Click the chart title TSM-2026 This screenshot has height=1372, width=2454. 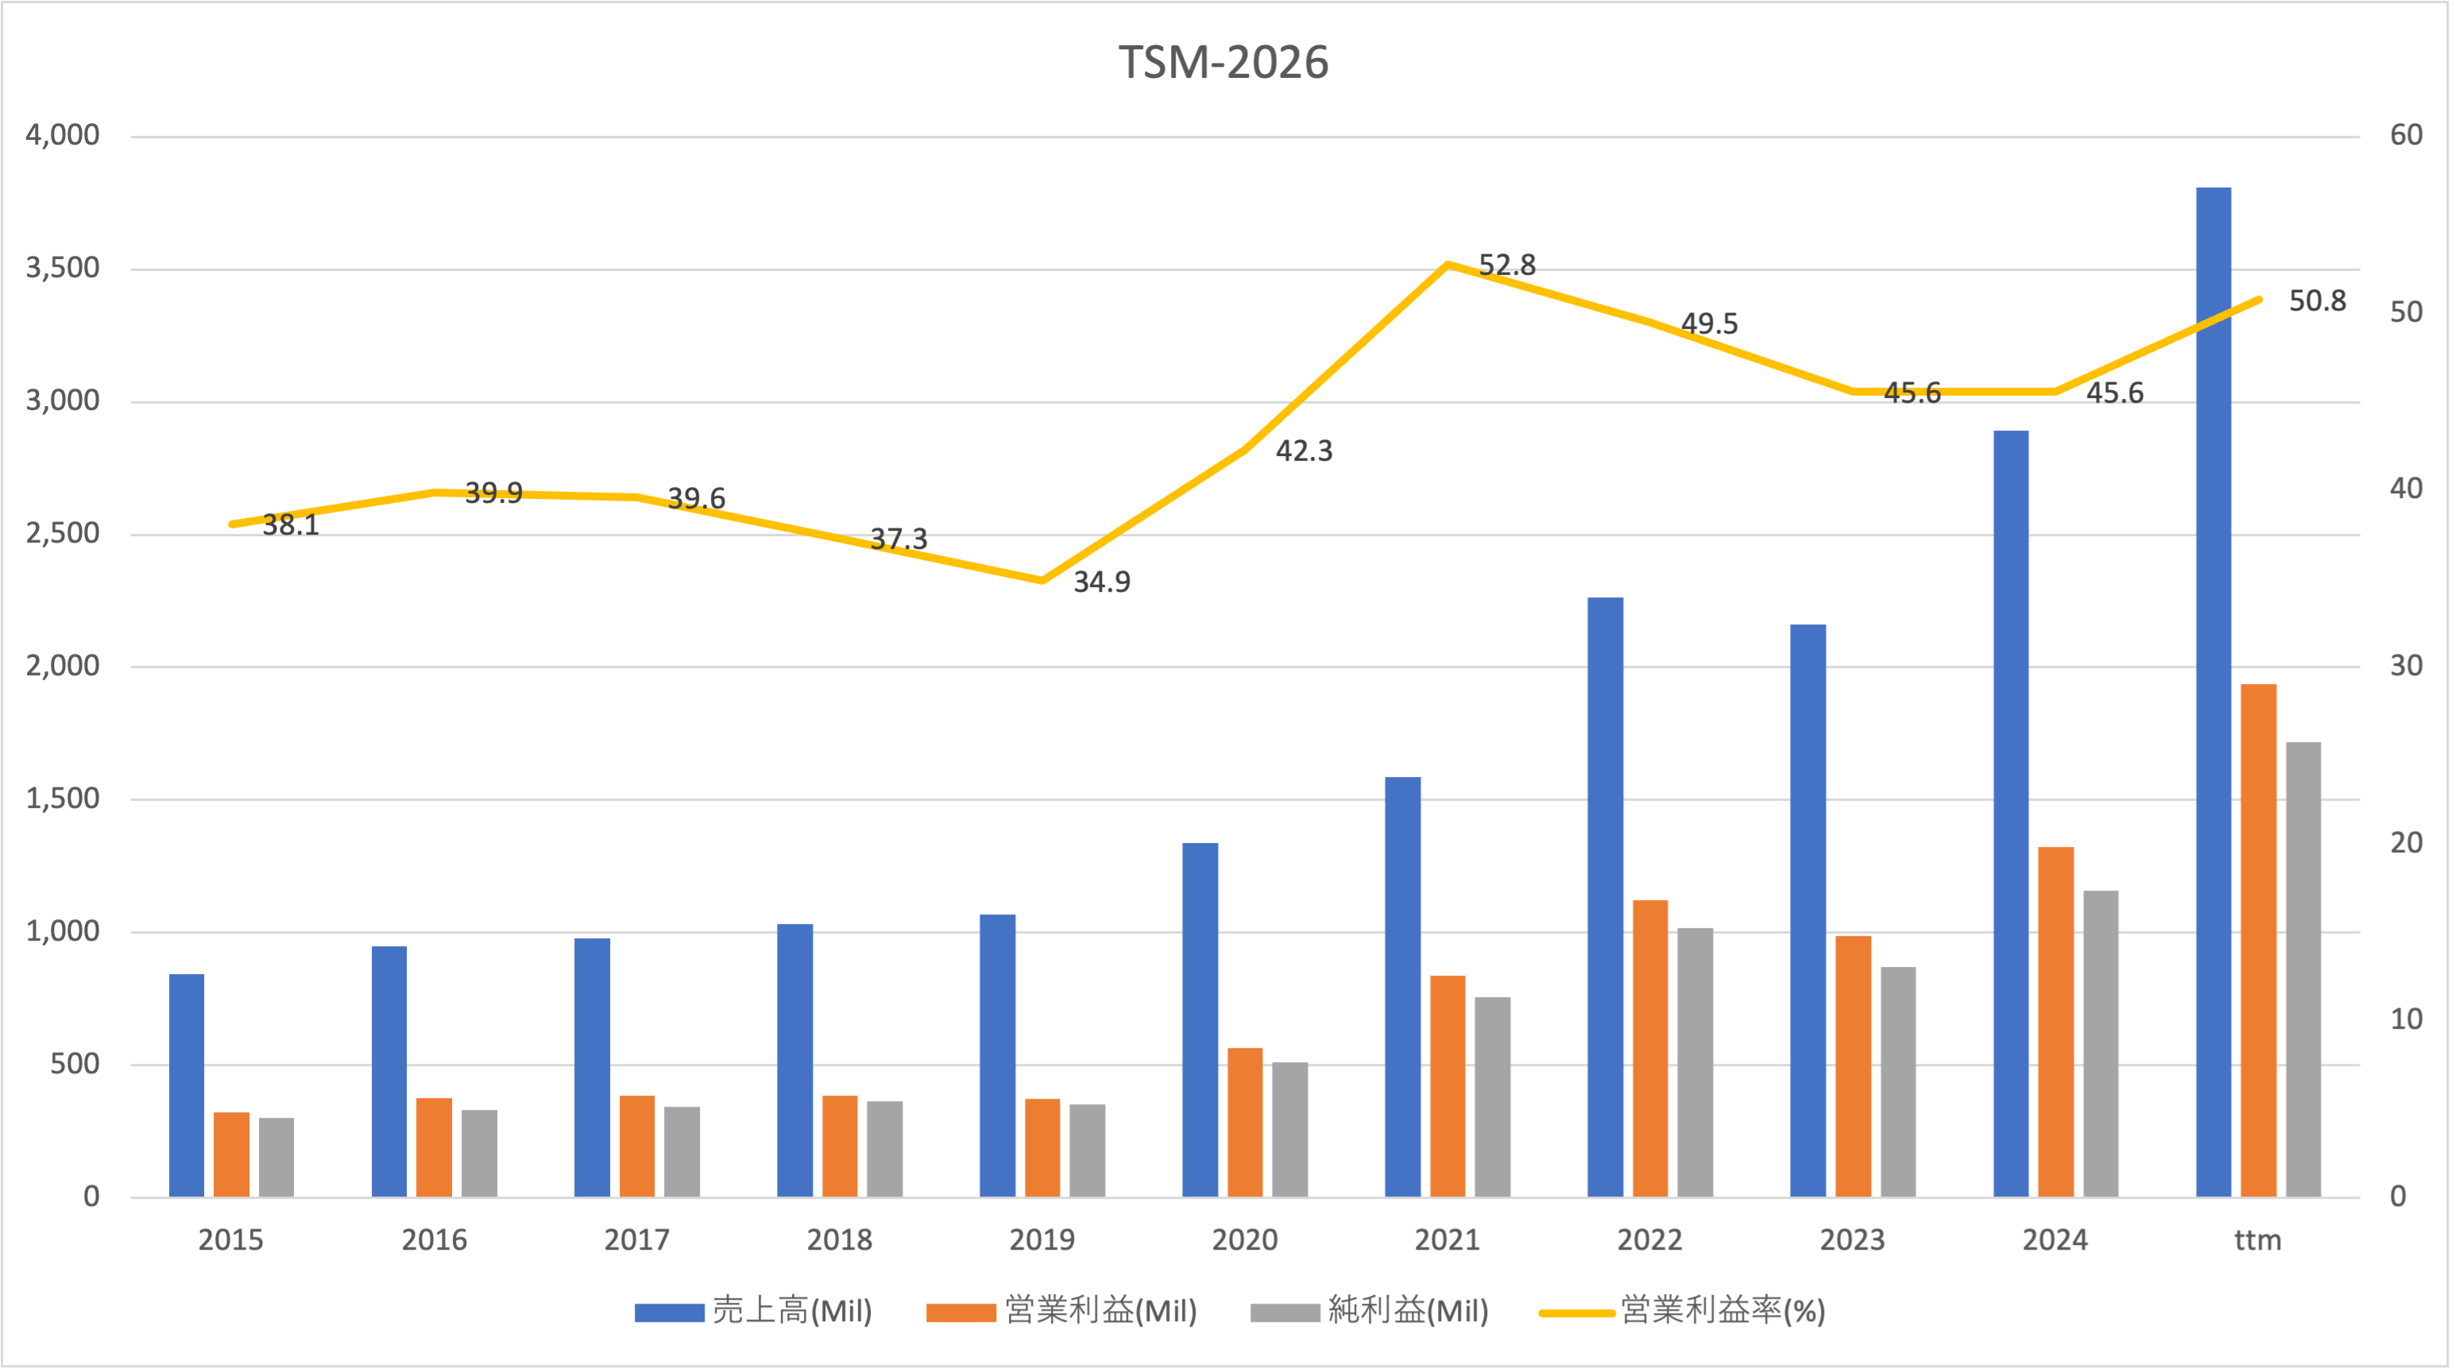point(1223,63)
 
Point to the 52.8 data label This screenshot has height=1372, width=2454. point(1506,265)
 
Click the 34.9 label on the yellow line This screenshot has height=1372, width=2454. point(1101,582)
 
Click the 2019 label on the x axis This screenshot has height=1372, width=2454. point(1042,1239)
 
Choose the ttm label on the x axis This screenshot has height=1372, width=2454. point(2258,1239)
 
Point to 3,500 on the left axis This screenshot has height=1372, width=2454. point(63,268)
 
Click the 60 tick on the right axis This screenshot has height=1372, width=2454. point(2406,134)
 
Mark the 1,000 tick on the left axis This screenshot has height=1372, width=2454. point(63,931)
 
